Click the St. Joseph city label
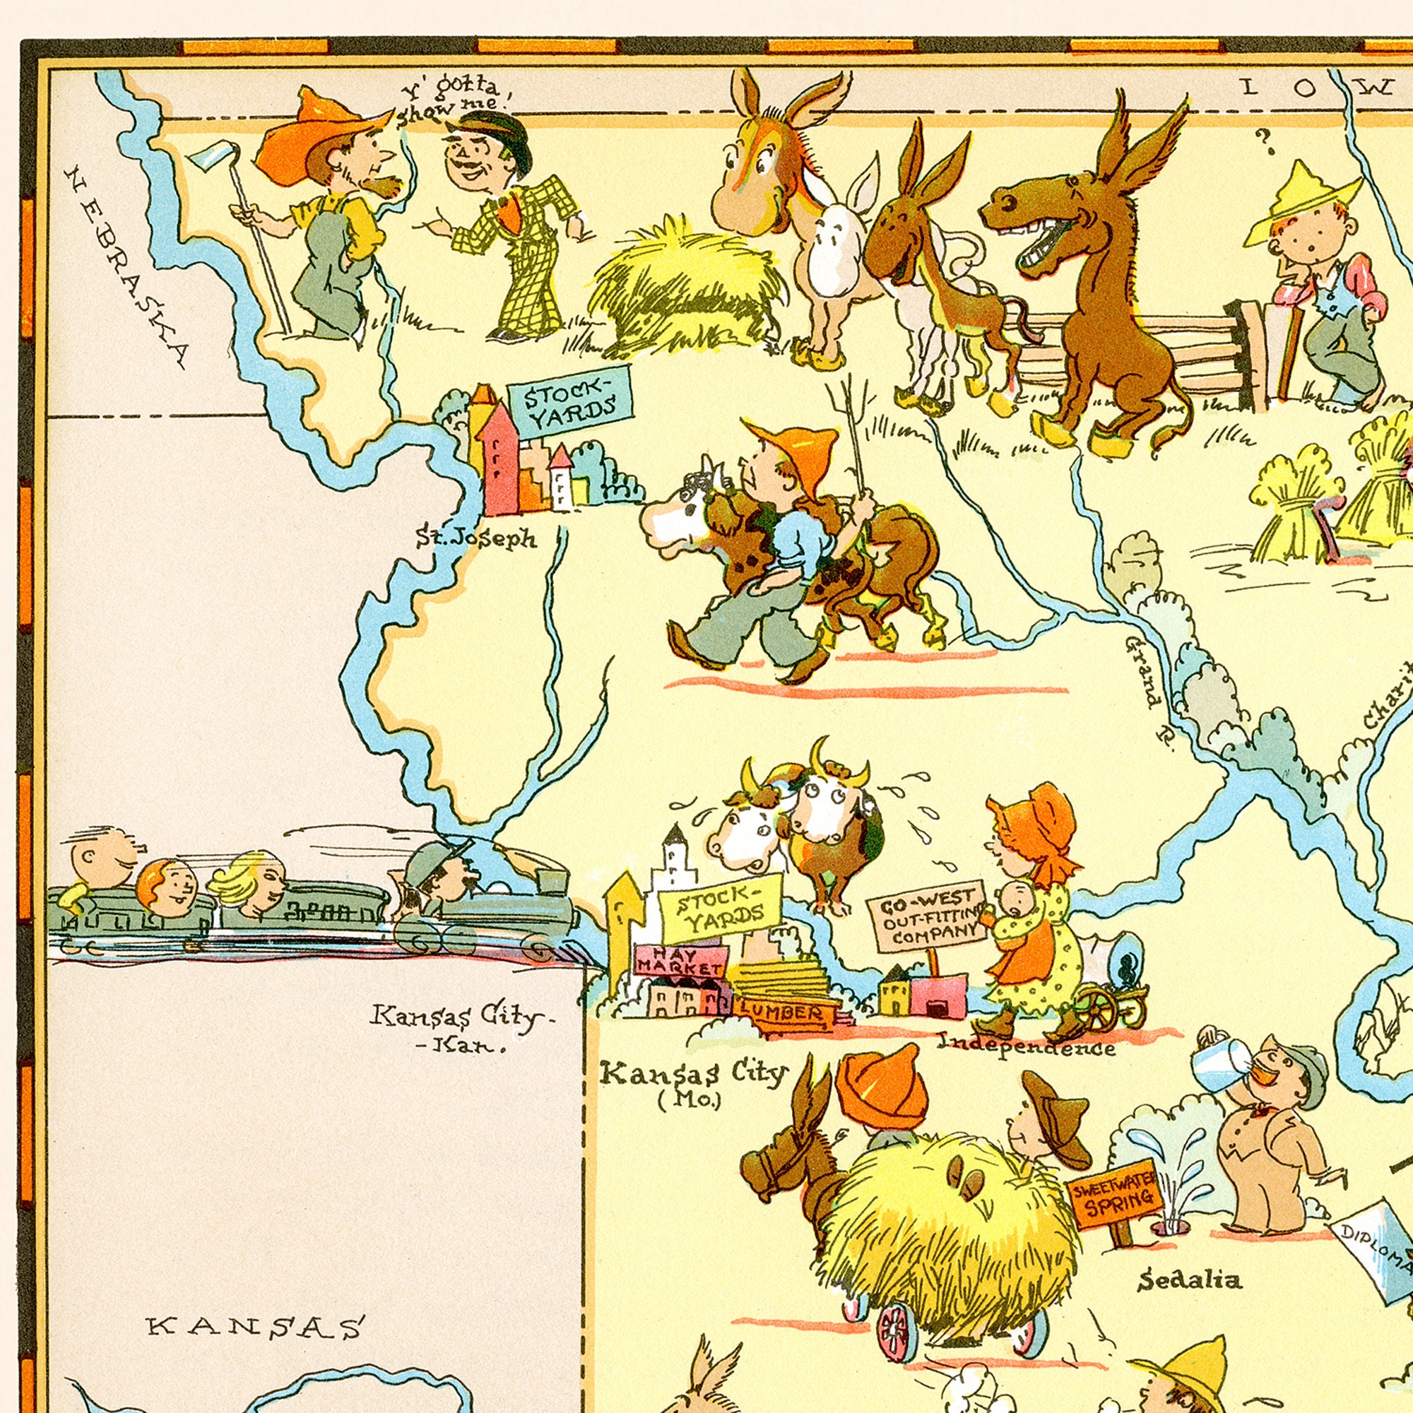tap(476, 539)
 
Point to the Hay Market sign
tap(681, 961)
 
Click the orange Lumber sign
tap(782, 1014)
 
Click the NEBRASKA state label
tap(125, 267)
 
